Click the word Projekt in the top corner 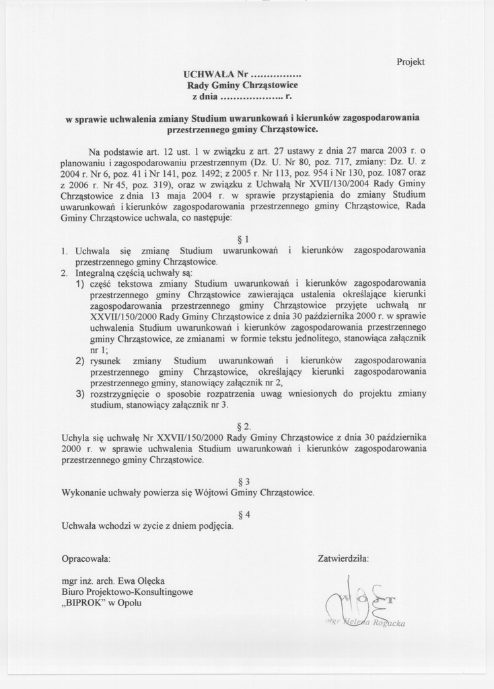click(x=411, y=62)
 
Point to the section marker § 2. click(x=244, y=427)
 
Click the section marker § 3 click(x=244, y=481)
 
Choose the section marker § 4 click(x=244, y=515)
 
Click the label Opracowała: click(x=86, y=558)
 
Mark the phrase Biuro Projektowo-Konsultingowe click(x=127, y=591)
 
